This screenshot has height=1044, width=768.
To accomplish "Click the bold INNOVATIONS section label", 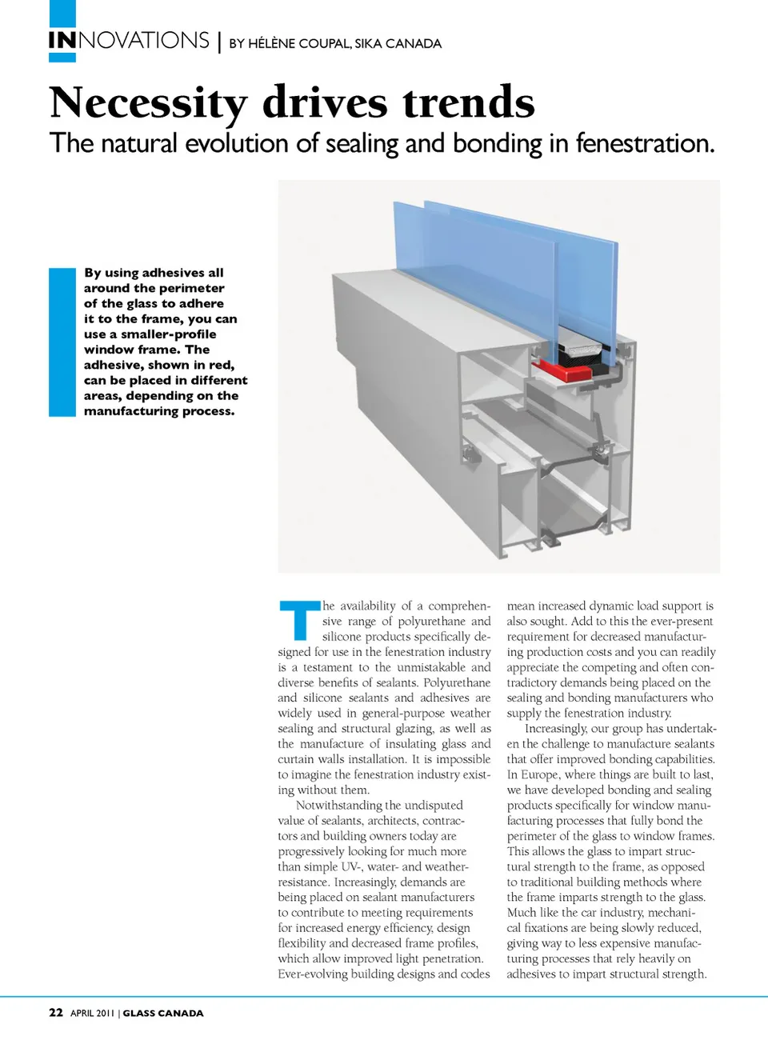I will pyautogui.click(x=129, y=41).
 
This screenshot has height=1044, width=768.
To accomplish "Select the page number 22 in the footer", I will pyautogui.click(x=56, y=1012).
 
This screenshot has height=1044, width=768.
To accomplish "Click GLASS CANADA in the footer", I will pyautogui.click(x=163, y=1013).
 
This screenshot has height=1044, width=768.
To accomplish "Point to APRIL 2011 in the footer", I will pyautogui.click(x=93, y=1013).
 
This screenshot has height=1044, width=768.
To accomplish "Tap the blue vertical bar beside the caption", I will pyautogui.click(x=62, y=342).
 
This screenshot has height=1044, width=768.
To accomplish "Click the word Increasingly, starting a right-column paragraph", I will pyautogui.click(x=555, y=728).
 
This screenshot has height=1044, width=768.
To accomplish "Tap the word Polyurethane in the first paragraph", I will pyautogui.click(x=457, y=682).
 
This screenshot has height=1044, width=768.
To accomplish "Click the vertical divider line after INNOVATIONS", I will pyautogui.click(x=219, y=41).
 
